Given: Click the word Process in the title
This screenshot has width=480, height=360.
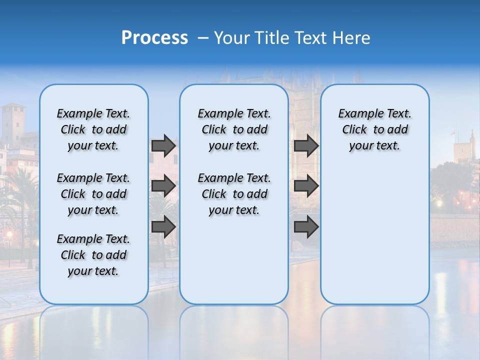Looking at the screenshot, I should (154, 38).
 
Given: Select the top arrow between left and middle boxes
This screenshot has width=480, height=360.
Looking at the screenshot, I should (163, 145).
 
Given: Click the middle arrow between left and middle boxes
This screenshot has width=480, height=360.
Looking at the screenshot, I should (163, 186).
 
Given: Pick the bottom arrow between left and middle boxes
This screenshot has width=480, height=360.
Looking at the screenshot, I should (163, 226).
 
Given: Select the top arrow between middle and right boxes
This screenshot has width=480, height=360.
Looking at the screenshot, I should (306, 145).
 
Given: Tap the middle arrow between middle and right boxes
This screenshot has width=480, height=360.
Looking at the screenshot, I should (306, 186).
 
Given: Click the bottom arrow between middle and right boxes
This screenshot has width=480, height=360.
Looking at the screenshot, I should (306, 226).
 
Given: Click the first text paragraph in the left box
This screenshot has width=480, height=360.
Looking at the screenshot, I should (93, 129).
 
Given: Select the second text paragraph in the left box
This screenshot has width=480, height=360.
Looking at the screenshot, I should (93, 194).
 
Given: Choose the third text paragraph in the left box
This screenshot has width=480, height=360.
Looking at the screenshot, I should (93, 255).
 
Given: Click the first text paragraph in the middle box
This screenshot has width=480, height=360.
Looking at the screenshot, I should (234, 129).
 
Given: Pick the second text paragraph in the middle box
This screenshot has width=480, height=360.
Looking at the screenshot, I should (234, 194).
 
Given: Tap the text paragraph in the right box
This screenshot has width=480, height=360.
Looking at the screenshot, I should (374, 129).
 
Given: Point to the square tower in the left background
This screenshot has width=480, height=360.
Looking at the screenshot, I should (13, 122).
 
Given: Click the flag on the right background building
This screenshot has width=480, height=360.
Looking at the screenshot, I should (453, 132).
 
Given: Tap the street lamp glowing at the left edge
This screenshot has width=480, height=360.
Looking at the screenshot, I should (9, 235).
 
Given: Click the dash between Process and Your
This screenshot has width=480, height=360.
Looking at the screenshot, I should (203, 38).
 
